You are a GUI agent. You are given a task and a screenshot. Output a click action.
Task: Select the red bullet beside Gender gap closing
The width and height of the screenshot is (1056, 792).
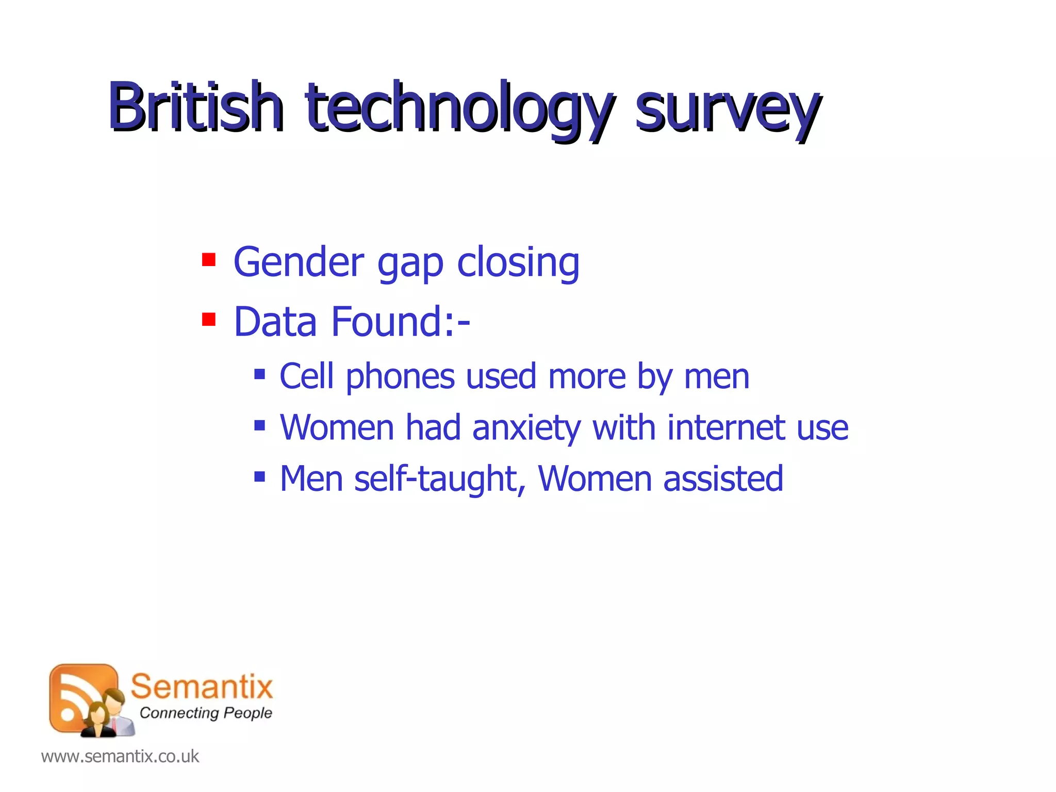pyautogui.click(x=208, y=259)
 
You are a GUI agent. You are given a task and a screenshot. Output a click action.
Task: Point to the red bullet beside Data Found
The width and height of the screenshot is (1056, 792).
pyautogui.click(x=208, y=320)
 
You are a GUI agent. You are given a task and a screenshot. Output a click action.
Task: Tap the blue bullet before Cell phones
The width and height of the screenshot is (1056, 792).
pyautogui.click(x=259, y=374)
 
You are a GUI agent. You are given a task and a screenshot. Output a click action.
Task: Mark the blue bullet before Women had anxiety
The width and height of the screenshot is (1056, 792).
pyautogui.click(x=259, y=425)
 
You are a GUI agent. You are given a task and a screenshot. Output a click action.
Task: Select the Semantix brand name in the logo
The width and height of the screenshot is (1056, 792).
pyautogui.click(x=202, y=687)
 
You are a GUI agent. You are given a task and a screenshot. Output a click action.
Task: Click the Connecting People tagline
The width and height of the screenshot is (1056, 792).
pyautogui.click(x=205, y=713)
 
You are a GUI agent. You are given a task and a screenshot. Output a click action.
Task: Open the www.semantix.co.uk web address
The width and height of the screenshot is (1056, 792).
pyautogui.click(x=120, y=756)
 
